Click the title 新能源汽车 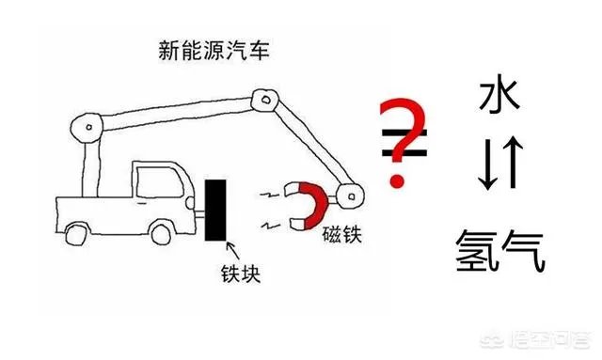click(214, 50)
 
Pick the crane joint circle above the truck click(87, 127)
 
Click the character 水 click(499, 97)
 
